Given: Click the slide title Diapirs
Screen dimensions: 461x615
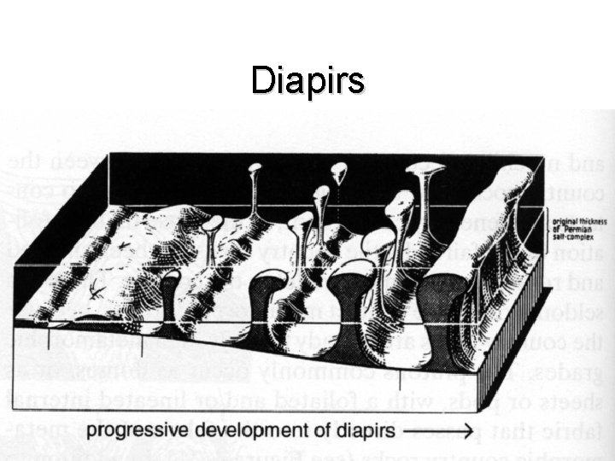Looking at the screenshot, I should [307, 80].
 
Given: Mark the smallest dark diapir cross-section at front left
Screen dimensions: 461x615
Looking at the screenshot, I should [170, 290].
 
